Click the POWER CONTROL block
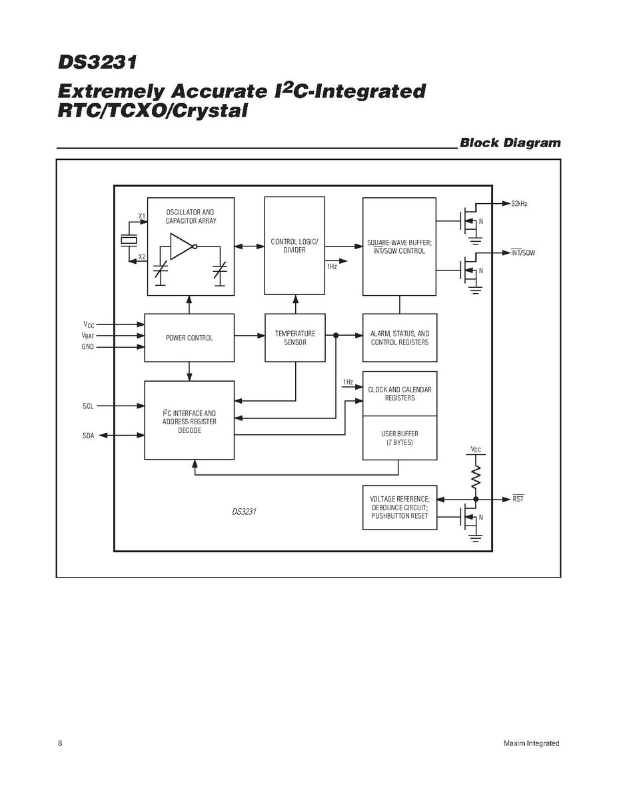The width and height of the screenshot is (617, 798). (189, 338)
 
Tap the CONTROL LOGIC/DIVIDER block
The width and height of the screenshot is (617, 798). (295, 246)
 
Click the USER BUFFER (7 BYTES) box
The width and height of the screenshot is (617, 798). (400, 438)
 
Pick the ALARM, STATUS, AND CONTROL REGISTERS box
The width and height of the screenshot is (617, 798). (400, 338)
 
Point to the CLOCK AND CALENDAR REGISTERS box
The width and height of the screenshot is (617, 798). (400, 394)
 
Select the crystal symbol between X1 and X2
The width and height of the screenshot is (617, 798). (128, 240)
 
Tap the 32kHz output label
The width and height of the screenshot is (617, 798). (519, 203)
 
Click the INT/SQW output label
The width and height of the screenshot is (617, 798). (523, 253)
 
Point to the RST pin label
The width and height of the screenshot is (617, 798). (518, 499)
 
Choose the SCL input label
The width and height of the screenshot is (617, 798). (88, 406)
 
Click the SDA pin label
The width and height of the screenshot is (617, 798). (88, 436)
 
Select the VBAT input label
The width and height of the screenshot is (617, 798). (88, 336)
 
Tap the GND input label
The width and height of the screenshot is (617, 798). (88, 347)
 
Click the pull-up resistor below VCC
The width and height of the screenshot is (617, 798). (476, 476)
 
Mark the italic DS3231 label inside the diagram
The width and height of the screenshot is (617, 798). (245, 512)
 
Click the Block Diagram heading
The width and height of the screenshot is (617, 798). (510, 143)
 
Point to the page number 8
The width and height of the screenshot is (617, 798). (60, 743)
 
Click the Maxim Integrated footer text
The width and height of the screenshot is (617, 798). (531, 743)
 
